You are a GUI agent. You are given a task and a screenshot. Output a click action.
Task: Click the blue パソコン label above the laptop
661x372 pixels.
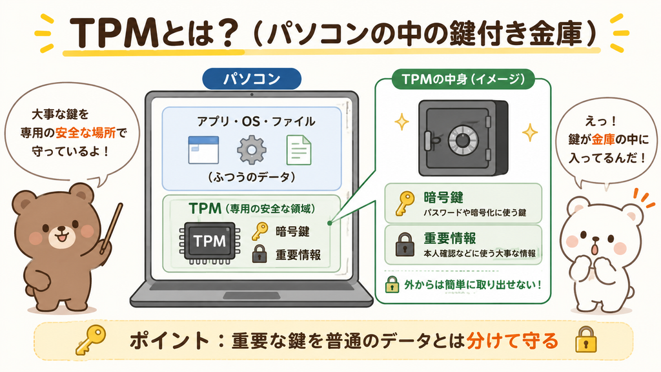(252, 79)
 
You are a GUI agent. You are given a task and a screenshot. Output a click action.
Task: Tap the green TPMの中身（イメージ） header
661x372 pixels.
(463, 79)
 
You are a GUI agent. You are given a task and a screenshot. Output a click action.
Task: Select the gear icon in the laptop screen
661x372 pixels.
(251, 150)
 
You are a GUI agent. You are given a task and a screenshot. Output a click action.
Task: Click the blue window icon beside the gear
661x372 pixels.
(203, 150)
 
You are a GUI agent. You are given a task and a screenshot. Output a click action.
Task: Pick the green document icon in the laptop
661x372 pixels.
(298, 150)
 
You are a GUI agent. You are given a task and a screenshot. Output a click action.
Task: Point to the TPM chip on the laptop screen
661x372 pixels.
(210, 242)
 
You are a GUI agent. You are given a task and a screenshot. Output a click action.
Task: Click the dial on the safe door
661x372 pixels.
(462, 140)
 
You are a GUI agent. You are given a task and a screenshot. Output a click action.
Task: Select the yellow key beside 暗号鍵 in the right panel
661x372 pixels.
(404, 203)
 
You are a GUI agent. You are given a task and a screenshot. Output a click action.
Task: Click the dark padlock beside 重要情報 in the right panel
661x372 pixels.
(405, 245)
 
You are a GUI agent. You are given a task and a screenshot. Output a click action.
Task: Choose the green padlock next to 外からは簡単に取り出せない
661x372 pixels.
(392, 284)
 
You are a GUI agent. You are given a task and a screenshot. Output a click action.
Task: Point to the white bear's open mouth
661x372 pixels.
(594, 249)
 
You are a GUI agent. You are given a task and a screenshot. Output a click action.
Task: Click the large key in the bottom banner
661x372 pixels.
(90, 340)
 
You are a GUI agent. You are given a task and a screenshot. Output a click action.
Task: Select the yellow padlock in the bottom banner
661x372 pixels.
(586, 340)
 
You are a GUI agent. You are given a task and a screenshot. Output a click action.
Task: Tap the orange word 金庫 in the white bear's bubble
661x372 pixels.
(604, 139)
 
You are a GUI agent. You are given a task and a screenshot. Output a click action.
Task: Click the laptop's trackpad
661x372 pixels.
(251, 296)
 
